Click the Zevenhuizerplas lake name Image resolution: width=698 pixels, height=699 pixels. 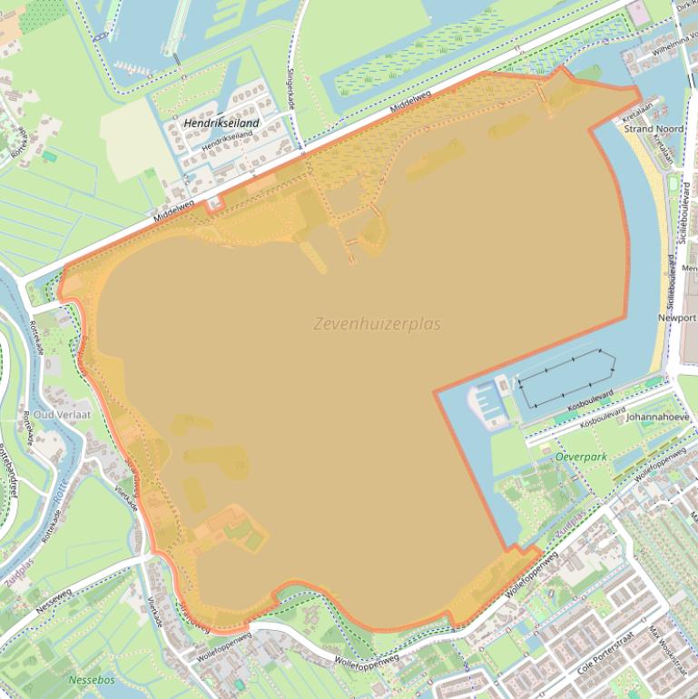(x=377, y=324)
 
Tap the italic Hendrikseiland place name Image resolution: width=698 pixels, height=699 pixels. (x=221, y=123)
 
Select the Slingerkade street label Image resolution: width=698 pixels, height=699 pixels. (x=291, y=91)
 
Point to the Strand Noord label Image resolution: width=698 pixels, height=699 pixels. (x=654, y=130)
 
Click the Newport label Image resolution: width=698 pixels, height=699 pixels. (x=677, y=319)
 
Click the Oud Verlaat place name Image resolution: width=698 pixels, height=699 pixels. (x=63, y=414)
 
